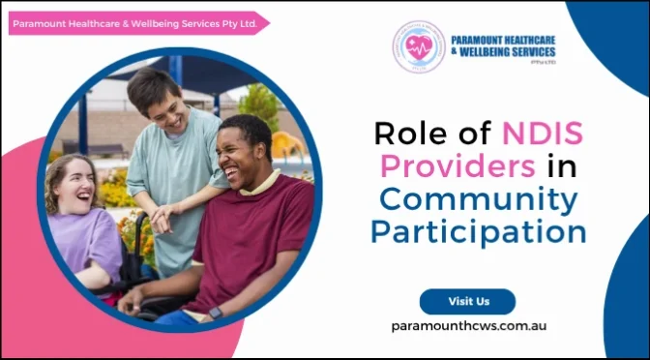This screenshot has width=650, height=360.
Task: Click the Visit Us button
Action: pyautogui.click(x=467, y=301)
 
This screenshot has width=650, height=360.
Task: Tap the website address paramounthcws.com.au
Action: pyautogui.click(x=468, y=326)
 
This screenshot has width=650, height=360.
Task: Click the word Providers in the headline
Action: pyautogui.click(x=458, y=166)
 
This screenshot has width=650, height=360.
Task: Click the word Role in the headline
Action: pyautogui.click(x=407, y=133)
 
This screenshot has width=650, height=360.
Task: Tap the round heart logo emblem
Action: pyautogui.click(x=418, y=46)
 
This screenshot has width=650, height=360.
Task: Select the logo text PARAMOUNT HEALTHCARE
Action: pyautogui.click(x=503, y=41)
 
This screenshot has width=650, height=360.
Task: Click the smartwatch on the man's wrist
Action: pyautogui.click(x=215, y=313)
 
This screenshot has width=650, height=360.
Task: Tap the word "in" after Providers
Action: pyautogui.click(x=562, y=166)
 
